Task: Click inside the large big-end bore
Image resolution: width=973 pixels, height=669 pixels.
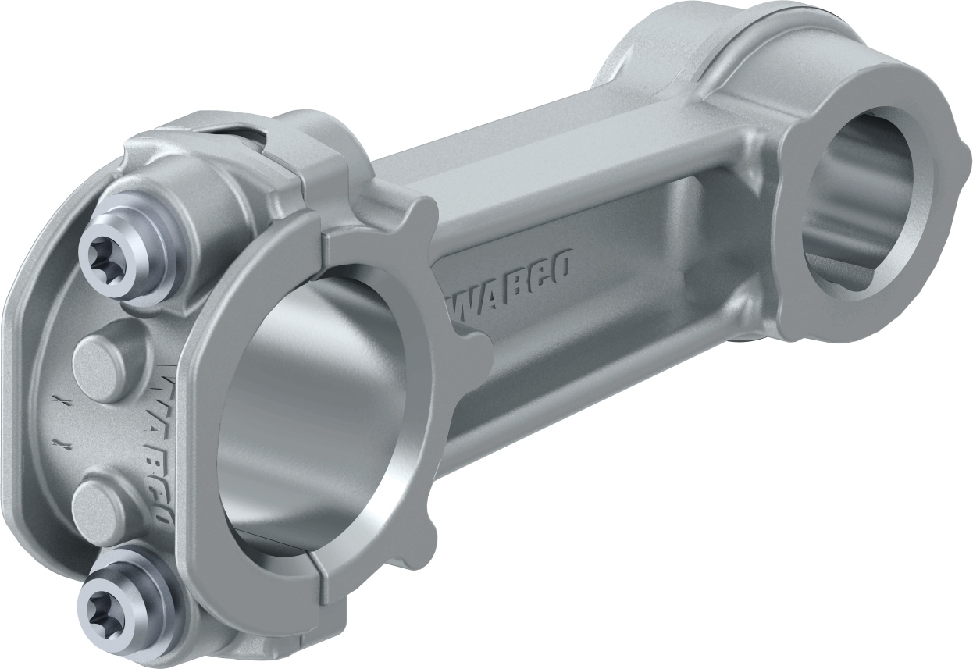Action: coord(312,422)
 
